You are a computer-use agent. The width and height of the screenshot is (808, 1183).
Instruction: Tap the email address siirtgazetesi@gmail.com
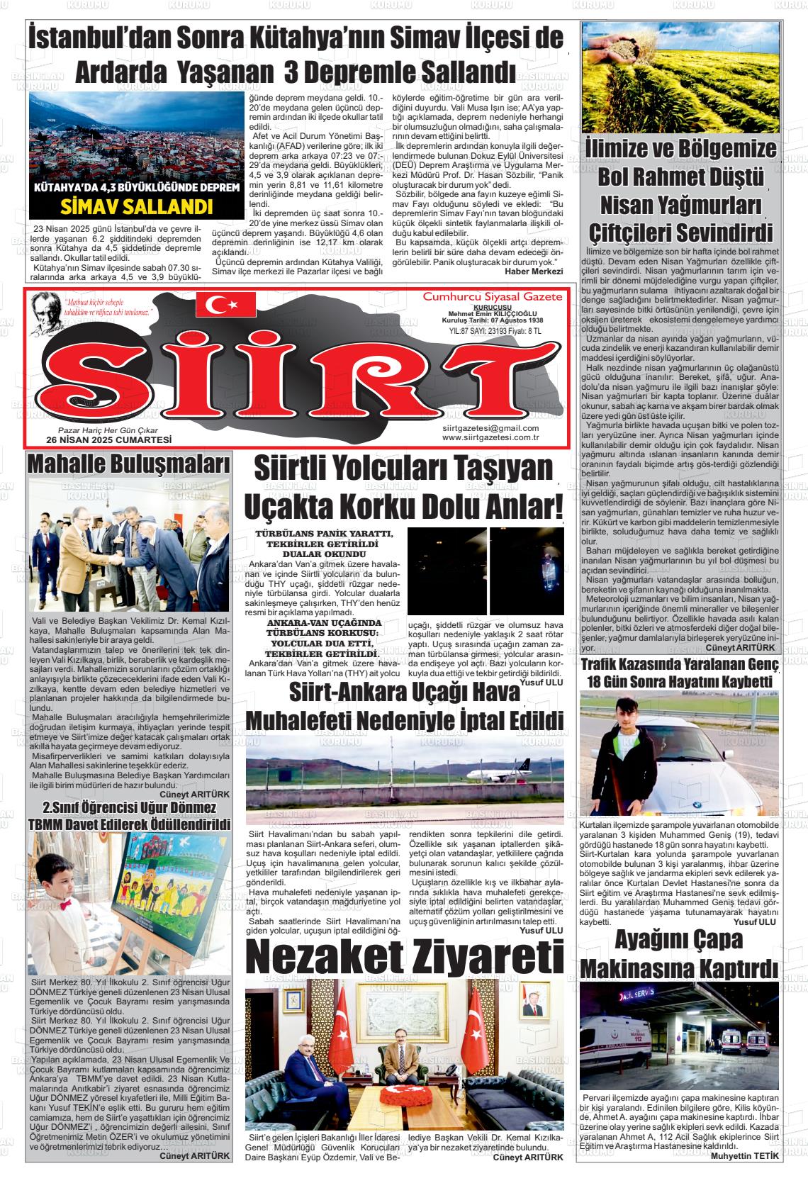[x=490, y=428]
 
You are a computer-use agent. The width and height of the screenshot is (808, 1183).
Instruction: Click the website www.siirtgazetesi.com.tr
[x=490, y=437]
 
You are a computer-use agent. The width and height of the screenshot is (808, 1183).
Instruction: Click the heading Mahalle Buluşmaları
[x=128, y=464]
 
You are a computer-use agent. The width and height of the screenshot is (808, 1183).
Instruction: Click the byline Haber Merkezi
[x=533, y=271]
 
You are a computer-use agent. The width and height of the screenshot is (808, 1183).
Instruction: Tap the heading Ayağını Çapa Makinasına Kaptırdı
[x=678, y=953]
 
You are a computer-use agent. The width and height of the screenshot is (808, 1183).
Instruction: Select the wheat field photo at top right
[x=679, y=77]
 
